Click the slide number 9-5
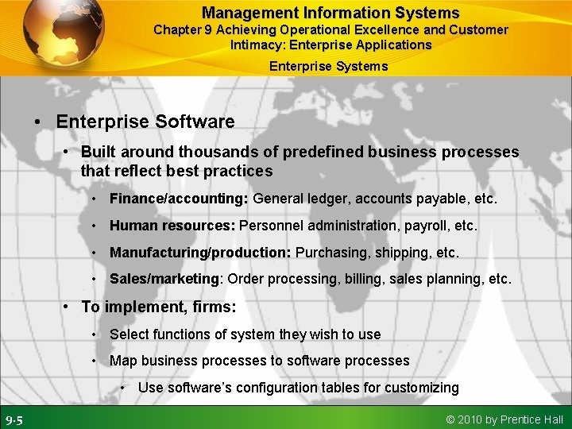14,419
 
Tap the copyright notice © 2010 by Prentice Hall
504,419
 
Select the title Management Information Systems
330,13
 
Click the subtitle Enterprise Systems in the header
328,66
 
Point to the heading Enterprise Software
145,122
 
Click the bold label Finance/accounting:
180,199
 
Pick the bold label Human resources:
172,226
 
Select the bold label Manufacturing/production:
200,253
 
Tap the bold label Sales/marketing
164,279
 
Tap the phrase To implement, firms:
158,307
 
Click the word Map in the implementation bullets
123,361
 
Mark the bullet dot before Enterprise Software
37,122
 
